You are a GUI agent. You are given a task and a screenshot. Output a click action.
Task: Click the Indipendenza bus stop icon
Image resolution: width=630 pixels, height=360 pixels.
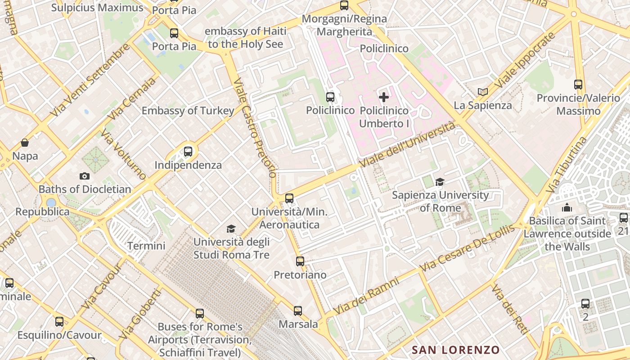point(188,152)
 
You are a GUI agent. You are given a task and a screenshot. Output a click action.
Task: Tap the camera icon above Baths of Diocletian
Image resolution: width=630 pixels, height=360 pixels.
point(84,176)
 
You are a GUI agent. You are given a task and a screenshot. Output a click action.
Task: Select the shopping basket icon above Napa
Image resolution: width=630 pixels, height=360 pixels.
point(25,143)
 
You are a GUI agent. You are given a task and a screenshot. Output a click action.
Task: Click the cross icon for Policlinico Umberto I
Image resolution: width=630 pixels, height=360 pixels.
point(384,97)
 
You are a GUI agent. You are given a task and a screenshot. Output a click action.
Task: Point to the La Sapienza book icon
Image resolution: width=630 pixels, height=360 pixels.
point(483,92)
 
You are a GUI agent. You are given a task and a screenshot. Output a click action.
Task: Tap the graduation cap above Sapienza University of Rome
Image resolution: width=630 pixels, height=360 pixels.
point(440,182)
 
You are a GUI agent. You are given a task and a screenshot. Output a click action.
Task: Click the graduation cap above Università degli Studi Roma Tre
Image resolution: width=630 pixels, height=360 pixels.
point(231,229)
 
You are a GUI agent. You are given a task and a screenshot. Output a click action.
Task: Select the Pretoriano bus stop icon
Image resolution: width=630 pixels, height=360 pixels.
point(300,261)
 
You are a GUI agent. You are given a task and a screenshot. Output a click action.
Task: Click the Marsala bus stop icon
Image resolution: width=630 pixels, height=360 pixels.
point(298,310)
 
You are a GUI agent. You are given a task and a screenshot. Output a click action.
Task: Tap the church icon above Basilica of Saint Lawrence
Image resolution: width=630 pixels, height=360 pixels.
point(567,207)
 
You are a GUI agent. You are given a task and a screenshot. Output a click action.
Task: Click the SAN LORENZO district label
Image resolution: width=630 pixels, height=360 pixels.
point(455,350)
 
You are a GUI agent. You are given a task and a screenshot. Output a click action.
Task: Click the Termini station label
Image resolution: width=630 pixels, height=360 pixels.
point(146,246)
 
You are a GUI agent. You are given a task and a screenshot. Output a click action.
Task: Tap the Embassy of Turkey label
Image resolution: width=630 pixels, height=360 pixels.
point(188,111)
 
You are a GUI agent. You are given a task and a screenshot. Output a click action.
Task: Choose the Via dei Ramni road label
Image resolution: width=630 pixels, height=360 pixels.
point(366,297)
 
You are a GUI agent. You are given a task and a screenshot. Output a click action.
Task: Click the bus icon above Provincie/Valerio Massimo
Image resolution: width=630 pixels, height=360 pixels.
point(578,84)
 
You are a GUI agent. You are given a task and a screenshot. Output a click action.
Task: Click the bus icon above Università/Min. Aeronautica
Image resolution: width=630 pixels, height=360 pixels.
point(289,198)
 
